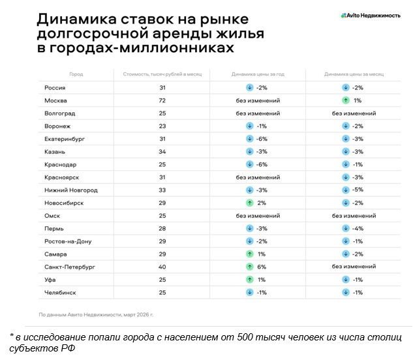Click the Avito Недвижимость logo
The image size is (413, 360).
370,15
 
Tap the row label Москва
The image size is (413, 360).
55,100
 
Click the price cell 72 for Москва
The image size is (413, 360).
162,100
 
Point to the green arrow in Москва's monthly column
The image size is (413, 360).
345,100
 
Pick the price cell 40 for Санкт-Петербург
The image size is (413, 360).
162,267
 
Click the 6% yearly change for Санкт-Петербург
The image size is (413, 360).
262,267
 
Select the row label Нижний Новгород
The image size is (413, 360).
71,190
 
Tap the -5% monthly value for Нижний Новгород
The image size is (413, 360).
358,190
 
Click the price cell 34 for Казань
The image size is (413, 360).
162,151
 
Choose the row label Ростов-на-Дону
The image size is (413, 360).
68,241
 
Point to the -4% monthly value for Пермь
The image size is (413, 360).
358,228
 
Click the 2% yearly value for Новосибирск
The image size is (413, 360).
262,203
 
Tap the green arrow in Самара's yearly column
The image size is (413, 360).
249,254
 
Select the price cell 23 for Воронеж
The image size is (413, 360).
162,126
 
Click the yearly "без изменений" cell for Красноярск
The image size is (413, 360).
258,177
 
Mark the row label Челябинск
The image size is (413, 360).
61,292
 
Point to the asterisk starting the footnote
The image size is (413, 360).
12,336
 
